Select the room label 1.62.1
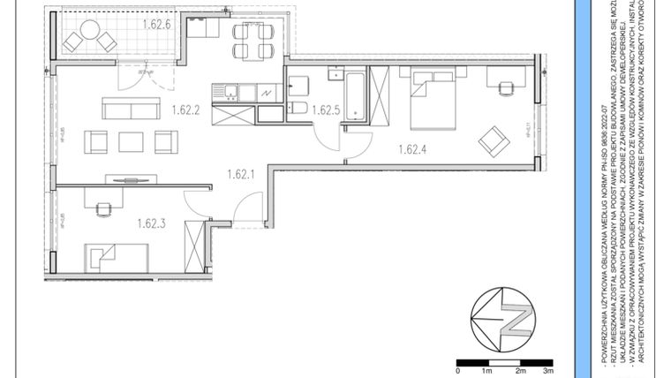240,174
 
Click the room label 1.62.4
413,149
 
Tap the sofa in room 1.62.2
130,108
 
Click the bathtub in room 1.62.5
354,96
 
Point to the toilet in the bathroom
298,109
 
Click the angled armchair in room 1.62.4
494,139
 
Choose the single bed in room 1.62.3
121,258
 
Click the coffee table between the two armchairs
131,141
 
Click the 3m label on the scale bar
547,372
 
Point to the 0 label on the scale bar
457,372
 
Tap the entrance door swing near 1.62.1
250,209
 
